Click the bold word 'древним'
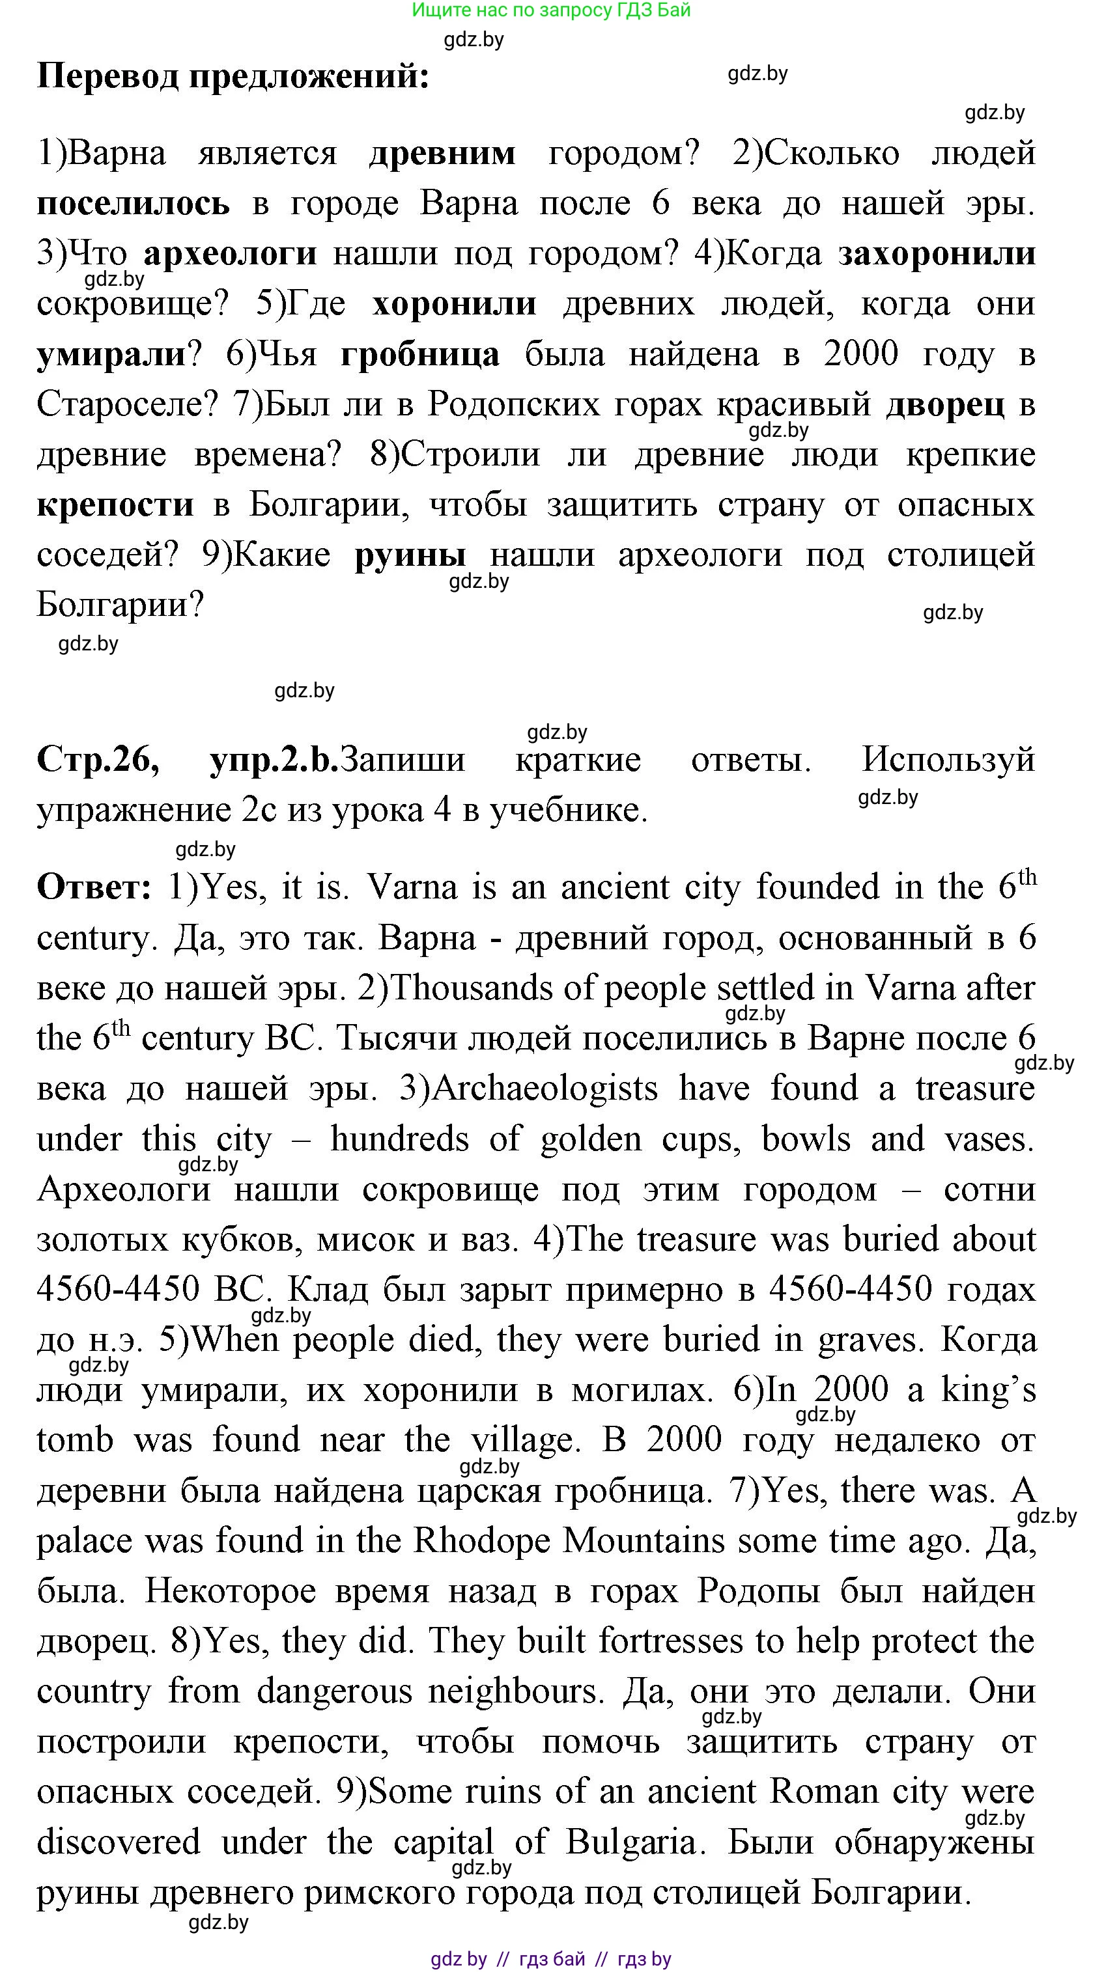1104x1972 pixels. click(x=442, y=153)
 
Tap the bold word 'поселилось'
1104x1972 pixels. click(x=134, y=204)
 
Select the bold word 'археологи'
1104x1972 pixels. click(x=230, y=253)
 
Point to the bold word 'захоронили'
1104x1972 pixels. click(x=937, y=253)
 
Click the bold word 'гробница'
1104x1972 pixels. click(x=420, y=354)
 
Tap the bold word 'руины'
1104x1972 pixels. click(x=410, y=555)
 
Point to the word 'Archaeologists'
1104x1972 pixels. click(x=544, y=1089)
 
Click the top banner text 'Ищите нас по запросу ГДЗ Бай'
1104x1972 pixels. click(x=551, y=10)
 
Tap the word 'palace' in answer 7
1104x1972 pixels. click(x=83, y=1540)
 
